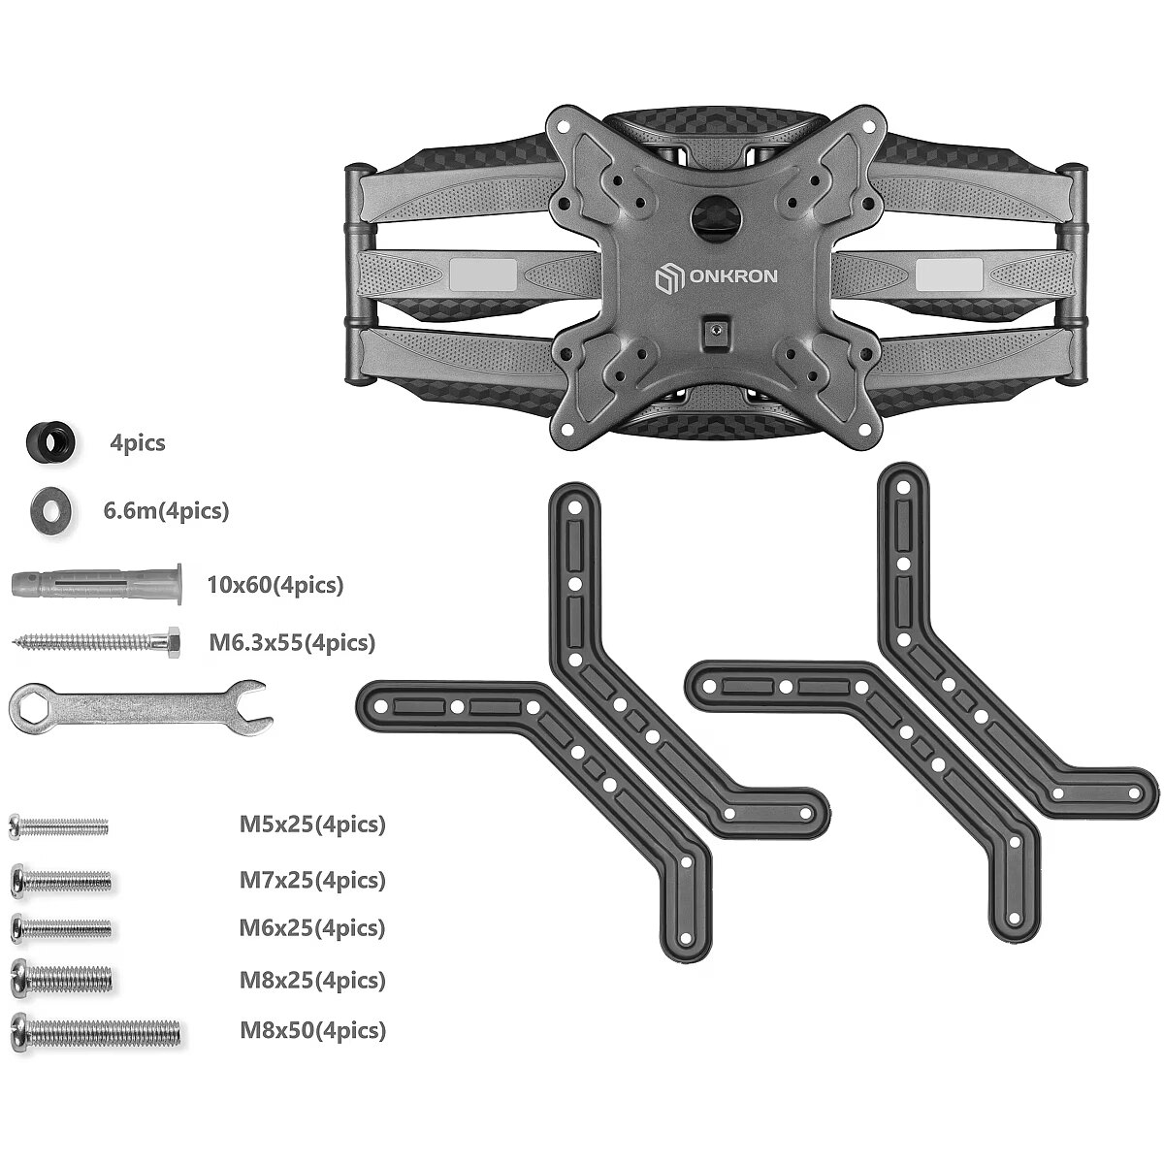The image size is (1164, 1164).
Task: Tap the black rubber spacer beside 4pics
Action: (50, 442)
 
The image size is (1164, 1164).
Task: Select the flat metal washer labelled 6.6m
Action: (51, 511)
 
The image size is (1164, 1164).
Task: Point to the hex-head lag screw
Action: (95, 642)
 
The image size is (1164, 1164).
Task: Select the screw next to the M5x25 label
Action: (58, 826)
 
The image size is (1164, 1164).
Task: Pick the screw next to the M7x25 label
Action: (61, 882)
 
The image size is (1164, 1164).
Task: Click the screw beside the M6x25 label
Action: (61, 928)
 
